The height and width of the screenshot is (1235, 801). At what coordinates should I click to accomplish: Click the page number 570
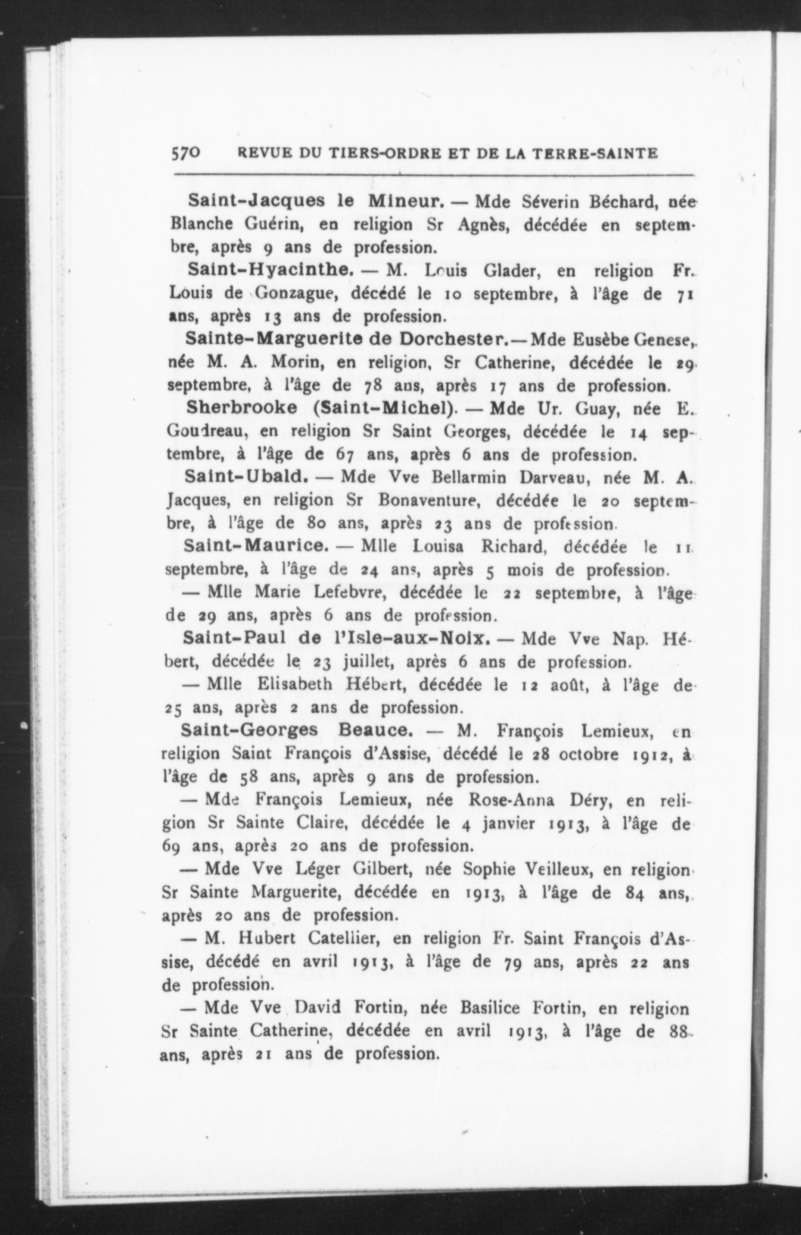[x=184, y=153]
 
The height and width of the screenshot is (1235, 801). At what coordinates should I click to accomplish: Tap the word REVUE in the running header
[x=264, y=153]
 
